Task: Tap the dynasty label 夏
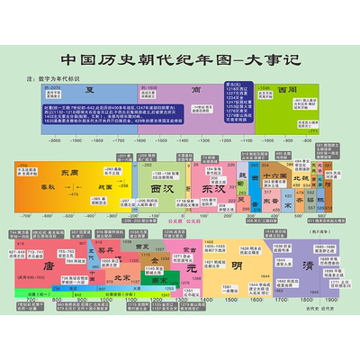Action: pos(90,91)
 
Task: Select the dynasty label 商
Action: pos(195,91)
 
